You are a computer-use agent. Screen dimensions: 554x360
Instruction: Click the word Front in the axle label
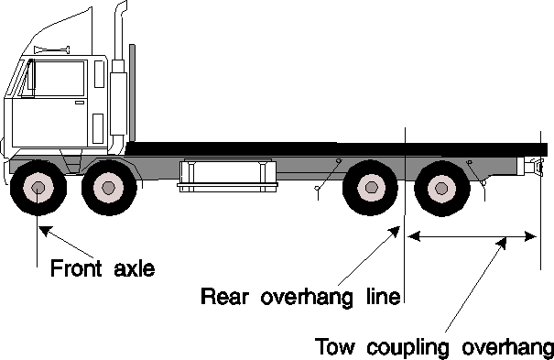coord(76,267)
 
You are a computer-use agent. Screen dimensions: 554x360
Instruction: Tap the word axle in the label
coord(135,268)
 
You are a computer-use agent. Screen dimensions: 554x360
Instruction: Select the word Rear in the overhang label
coord(224,296)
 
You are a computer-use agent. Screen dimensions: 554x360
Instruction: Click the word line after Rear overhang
coord(383,296)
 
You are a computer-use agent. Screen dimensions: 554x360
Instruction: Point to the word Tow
coord(334,346)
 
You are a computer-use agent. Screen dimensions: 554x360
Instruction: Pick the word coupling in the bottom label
coord(407,348)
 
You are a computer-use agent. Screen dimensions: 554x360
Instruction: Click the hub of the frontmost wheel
coord(38,188)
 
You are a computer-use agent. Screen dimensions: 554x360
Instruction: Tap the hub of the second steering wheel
coord(108,187)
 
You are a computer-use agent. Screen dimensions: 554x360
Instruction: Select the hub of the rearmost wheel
coord(441,188)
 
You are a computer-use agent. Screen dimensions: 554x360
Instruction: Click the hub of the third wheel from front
coord(371,187)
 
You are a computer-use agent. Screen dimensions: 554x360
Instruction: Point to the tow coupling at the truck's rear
coord(534,167)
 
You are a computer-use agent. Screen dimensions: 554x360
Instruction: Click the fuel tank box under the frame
coord(227,176)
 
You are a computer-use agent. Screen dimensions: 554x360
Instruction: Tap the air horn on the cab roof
coord(52,49)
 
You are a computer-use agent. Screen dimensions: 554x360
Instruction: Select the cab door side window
coord(60,79)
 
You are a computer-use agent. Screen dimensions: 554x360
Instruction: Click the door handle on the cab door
coord(80,103)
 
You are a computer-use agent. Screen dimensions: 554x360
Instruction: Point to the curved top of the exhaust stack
coord(121,9)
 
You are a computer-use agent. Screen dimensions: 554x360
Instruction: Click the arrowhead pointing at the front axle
coord(45,230)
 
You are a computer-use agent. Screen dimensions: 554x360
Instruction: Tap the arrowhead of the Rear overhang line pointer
coord(395,232)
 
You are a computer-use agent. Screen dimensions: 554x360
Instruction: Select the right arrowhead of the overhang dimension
coord(530,236)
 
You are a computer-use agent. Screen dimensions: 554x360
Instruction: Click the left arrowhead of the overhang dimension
coord(414,236)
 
